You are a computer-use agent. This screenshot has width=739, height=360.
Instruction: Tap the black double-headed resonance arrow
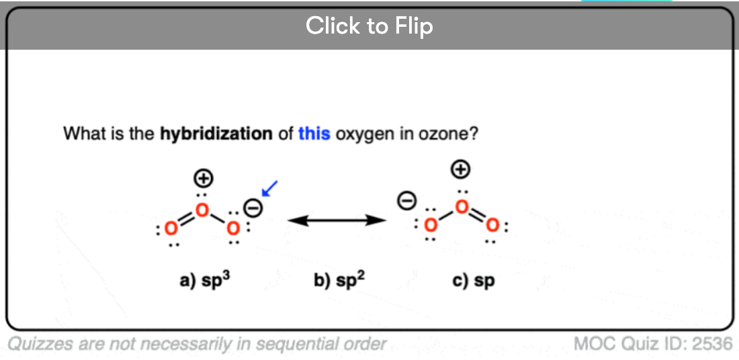pos(337,220)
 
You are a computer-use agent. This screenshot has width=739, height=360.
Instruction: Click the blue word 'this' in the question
pos(314,134)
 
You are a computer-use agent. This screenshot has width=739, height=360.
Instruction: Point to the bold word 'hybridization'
pos(216,135)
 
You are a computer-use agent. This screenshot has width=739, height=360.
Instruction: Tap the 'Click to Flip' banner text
pos(369,26)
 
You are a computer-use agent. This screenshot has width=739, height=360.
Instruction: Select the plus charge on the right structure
pos(461,170)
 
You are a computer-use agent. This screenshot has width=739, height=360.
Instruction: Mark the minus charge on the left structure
pos(253,208)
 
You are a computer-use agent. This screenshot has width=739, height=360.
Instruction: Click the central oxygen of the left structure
pos(202,210)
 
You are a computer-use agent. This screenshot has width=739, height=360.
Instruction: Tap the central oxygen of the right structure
pos(462,206)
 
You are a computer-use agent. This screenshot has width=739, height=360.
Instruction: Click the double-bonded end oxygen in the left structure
pos(171,229)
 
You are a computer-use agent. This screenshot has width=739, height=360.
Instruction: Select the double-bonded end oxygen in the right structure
pos(492,226)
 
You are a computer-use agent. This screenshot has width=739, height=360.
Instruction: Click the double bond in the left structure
pos(187,219)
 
